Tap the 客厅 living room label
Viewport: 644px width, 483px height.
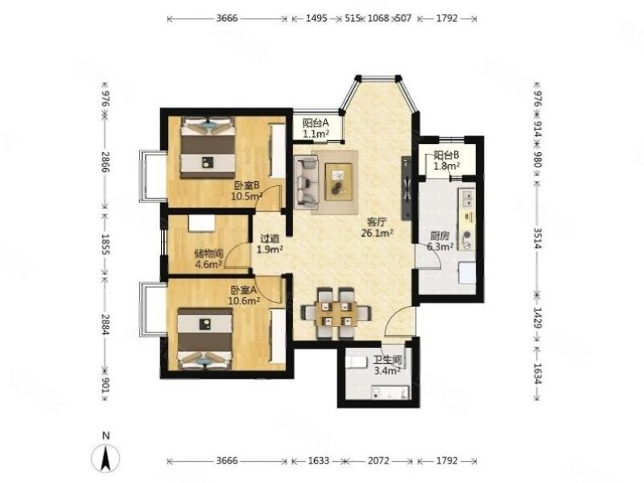point(377,222)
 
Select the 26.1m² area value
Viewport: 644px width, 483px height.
point(378,233)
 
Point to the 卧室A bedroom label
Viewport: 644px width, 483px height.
point(244,290)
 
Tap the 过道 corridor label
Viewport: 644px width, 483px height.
point(270,238)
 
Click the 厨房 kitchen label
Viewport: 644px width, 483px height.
point(440,236)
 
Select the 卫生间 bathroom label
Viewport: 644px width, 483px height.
point(387,360)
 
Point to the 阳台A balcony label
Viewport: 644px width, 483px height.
point(316,123)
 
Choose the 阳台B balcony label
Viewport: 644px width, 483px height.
point(447,155)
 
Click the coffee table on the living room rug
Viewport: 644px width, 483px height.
point(339,182)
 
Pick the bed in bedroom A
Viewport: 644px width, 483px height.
point(205,338)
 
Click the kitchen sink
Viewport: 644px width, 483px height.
point(467,198)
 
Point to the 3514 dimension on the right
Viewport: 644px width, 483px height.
point(537,237)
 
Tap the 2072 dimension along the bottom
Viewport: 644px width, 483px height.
point(378,460)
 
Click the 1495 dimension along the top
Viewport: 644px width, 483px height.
point(316,19)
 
